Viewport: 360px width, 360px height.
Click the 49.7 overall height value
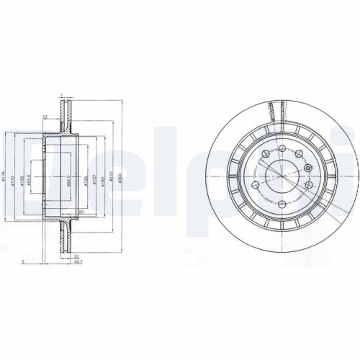(76, 264)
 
